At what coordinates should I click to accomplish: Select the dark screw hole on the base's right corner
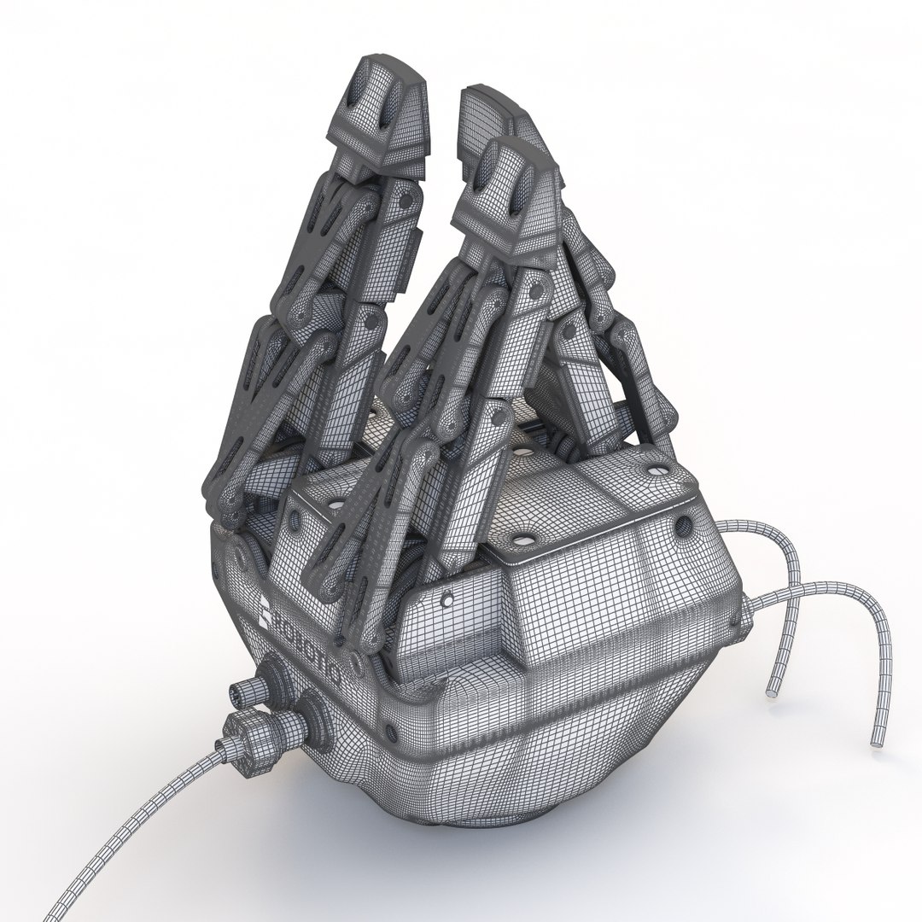(684, 522)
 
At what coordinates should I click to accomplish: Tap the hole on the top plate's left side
(296, 518)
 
